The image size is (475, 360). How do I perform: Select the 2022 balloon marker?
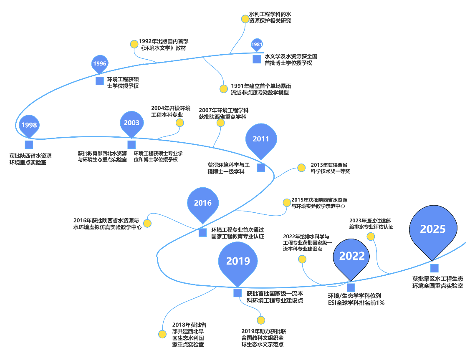(352, 256)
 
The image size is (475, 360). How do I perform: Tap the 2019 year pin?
(238, 261)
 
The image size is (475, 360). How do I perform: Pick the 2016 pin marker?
(203, 203)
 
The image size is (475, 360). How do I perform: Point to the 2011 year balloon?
(261, 139)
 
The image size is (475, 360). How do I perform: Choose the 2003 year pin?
(131, 123)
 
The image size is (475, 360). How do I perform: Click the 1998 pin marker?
(29, 125)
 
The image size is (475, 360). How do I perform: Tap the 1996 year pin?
(100, 64)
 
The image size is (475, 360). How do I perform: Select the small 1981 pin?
(257, 45)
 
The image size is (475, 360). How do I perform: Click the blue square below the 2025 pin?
(435, 268)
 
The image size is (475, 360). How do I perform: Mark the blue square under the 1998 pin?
(29, 145)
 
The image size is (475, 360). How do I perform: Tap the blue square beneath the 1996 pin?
(100, 81)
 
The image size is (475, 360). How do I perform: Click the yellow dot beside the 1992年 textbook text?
(134, 44)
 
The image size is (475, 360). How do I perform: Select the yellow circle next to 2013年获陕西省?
(301, 168)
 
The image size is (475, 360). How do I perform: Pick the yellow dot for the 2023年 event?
(370, 237)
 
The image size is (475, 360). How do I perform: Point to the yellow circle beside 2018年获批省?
(162, 334)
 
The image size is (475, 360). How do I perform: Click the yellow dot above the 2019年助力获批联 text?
(261, 320)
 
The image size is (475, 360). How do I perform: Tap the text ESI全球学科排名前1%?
(356, 303)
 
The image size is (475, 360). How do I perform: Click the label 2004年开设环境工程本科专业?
(171, 111)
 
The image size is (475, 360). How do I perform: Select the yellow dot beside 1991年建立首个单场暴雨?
(223, 88)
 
